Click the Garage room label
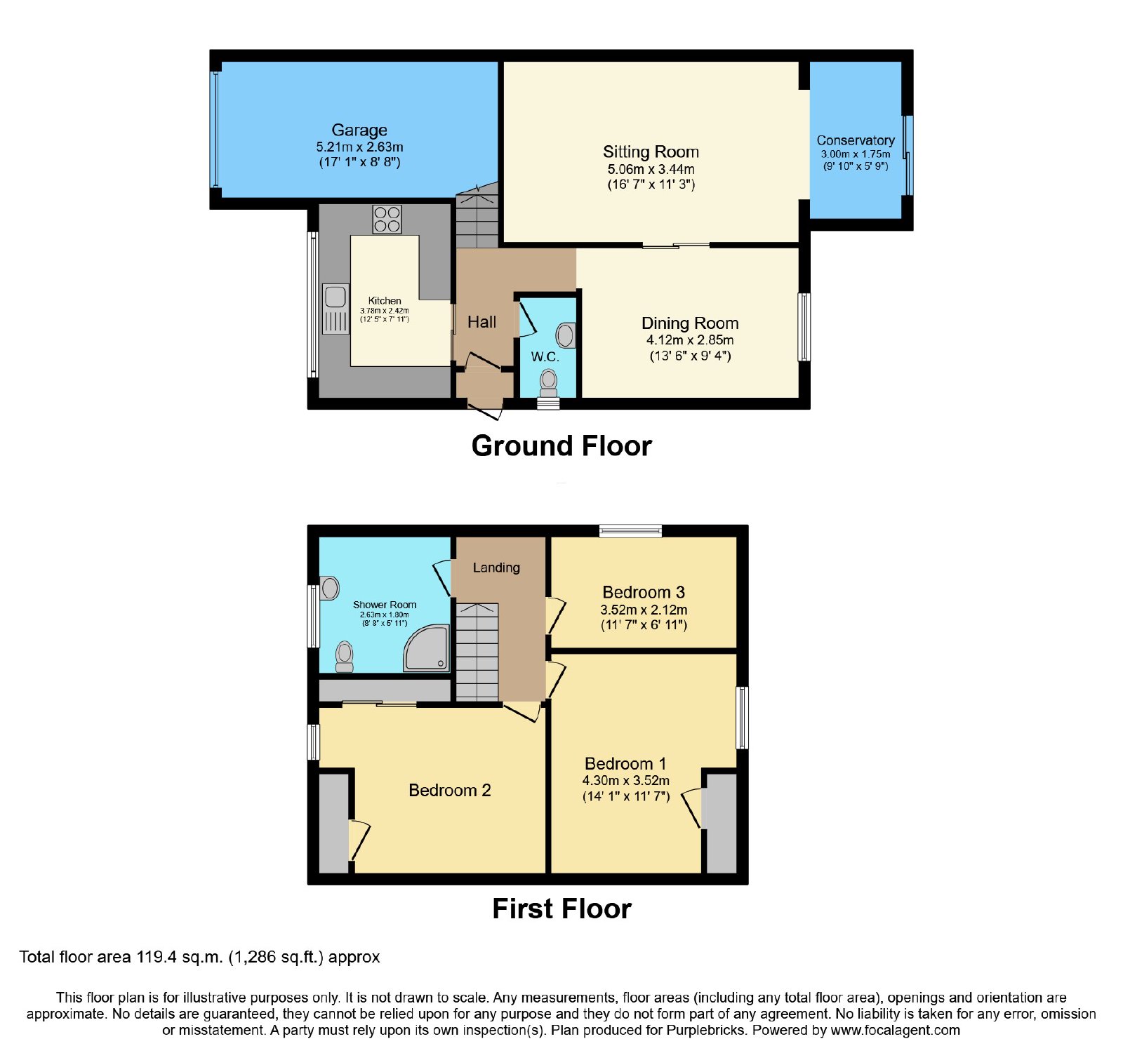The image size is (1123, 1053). point(359,130)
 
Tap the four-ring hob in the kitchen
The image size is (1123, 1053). point(387,219)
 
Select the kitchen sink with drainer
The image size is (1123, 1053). point(335,309)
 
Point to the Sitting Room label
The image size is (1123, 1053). point(651,152)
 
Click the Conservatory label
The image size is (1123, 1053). point(856,140)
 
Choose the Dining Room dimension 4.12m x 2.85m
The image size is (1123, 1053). point(690,340)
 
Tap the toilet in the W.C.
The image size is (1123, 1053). point(548,383)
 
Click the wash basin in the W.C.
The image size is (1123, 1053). point(566,336)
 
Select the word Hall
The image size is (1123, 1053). point(481,322)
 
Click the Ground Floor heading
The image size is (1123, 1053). point(561,446)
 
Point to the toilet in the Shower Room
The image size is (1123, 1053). point(344,657)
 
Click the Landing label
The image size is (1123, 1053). point(496,568)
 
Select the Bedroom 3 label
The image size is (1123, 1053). point(644,592)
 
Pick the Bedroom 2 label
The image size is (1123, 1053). point(449,791)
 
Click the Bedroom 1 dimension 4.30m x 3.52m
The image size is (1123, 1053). point(626,781)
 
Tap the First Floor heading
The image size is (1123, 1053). point(561,909)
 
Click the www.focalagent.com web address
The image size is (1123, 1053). point(895,1031)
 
